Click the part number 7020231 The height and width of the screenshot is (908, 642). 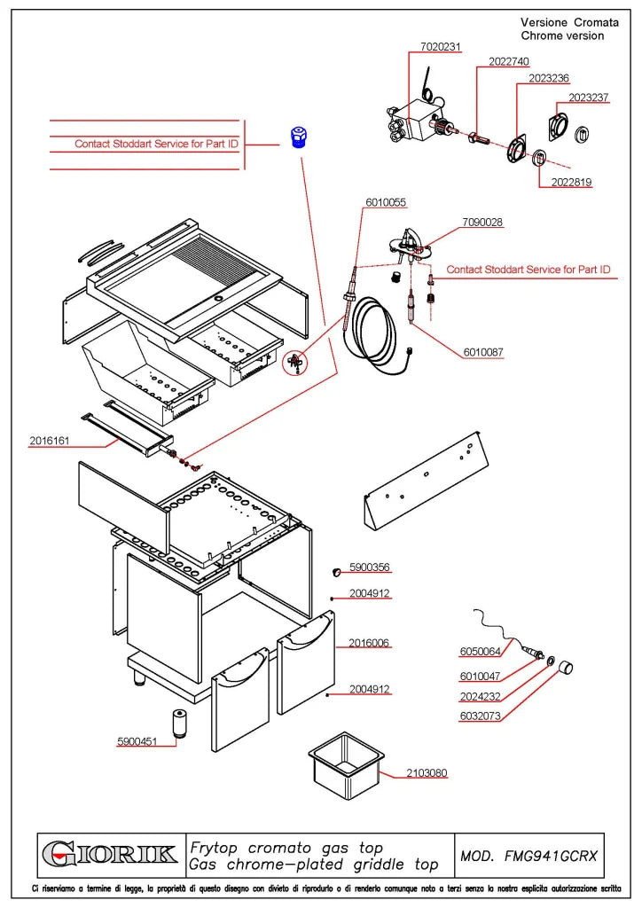pos(441,47)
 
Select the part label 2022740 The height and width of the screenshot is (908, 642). pos(509,62)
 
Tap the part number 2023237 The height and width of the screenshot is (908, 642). pos(588,98)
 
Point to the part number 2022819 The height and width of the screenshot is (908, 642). pos(571,183)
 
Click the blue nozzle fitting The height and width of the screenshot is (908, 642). pos(299,137)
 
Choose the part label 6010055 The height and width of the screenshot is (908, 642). pos(386,203)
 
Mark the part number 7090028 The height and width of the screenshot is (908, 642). pos(482,223)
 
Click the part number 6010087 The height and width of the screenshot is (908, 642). pos(483,352)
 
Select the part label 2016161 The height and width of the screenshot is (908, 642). pos(50,442)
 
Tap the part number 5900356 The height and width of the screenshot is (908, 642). pos(370,567)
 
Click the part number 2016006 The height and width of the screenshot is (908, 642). pos(369,644)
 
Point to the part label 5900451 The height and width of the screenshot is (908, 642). pos(137,742)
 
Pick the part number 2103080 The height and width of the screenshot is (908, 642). pos(427,773)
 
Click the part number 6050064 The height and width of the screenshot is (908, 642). pos(480,652)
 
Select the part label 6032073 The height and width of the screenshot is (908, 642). pos(480,716)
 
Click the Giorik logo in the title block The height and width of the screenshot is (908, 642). pos(110,855)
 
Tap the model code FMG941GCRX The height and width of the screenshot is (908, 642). pos(551,856)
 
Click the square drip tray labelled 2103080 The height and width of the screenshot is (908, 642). pos(346,766)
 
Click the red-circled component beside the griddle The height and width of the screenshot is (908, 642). pos(295,363)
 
